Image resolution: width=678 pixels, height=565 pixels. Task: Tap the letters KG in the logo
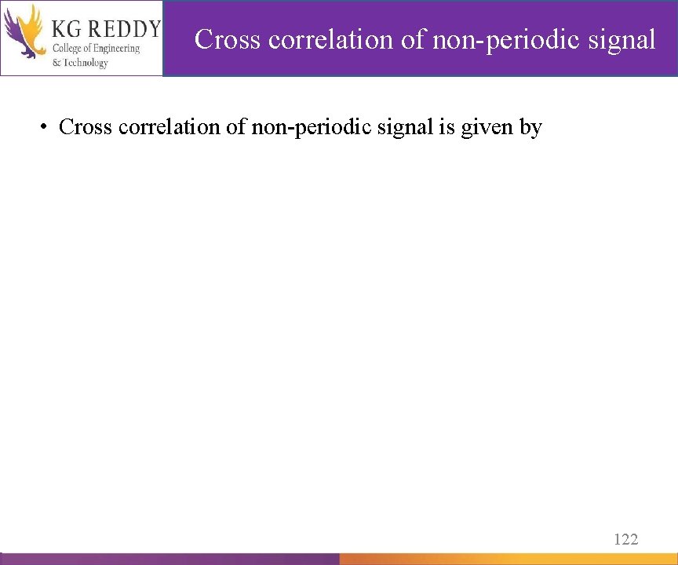[x=66, y=30]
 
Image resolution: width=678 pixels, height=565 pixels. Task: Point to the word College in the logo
[x=69, y=49]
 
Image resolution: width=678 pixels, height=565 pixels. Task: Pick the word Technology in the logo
[x=86, y=63]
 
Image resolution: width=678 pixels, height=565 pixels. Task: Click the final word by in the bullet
[x=530, y=126]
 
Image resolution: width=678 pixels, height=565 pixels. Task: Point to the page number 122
[x=625, y=538]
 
